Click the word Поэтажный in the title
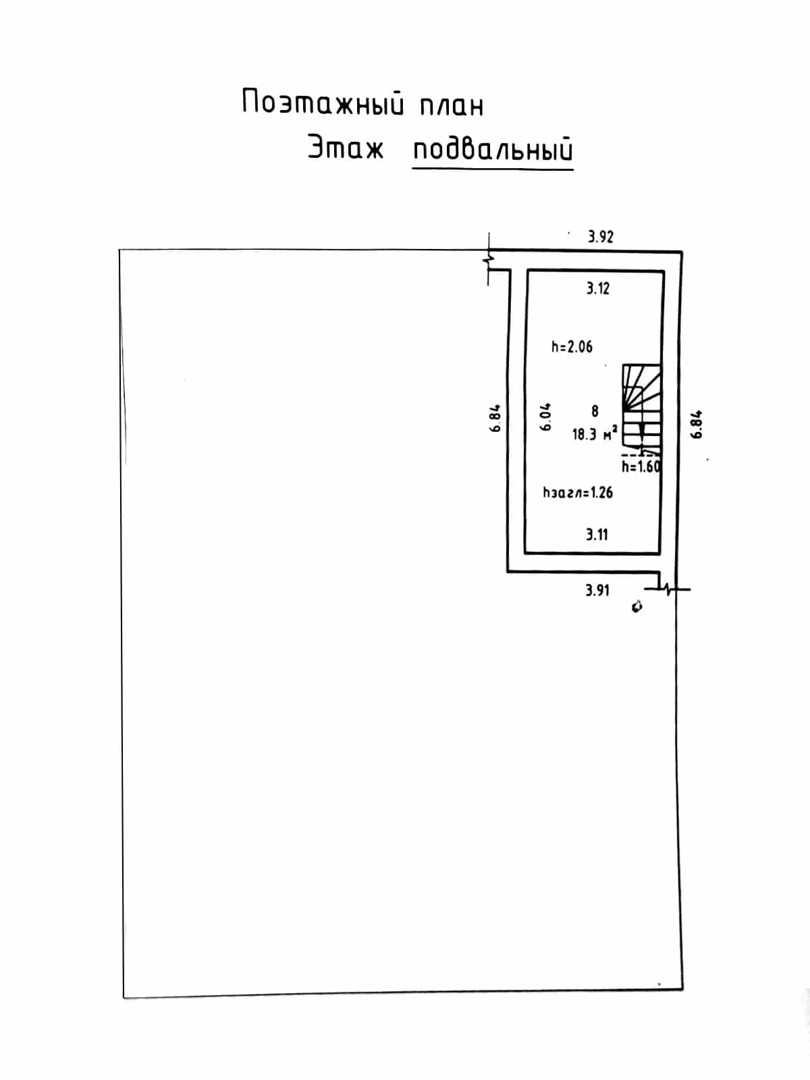pyautogui.click(x=323, y=103)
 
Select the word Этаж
pyautogui.click(x=345, y=147)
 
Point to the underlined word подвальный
pyautogui.click(x=493, y=150)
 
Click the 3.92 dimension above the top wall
pyautogui.click(x=601, y=237)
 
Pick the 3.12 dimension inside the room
pyautogui.click(x=597, y=288)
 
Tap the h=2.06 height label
pyautogui.click(x=572, y=347)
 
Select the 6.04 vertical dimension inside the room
pyautogui.click(x=545, y=416)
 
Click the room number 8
pyautogui.click(x=595, y=411)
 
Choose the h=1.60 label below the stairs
pyautogui.click(x=641, y=466)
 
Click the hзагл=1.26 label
pyautogui.click(x=578, y=493)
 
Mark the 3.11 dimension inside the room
pyautogui.click(x=597, y=535)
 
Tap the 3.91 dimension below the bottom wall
pyautogui.click(x=597, y=590)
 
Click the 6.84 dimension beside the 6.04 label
pyautogui.click(x=495, y=418)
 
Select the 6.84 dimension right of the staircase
pyautogui.click(x=697, y=424)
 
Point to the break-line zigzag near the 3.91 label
pyautogui.click(x=668, y=589)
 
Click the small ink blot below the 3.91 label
pyautogui.click(x=637, y=607)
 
